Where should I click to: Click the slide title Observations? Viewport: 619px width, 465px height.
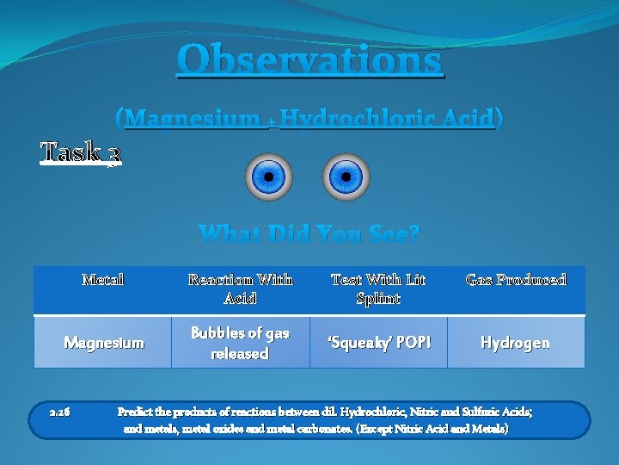point(309,60)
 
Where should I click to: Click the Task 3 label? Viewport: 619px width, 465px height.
point(81,152)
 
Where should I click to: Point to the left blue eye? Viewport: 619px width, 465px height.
point(268,177)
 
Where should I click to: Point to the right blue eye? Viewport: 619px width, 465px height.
point(346,177)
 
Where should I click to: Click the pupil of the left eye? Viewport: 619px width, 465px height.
point(268,177)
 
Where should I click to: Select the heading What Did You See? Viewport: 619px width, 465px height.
point(309,233)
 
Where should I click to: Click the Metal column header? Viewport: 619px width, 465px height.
point(102,280)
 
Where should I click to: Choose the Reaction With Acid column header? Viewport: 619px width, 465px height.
point(240,289)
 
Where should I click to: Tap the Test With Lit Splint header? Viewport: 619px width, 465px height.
point(377,289)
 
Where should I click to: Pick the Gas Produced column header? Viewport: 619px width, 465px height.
point(516,280)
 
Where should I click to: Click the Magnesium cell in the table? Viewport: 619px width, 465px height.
point(102,343)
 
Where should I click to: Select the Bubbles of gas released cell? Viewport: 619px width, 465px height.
point(240,343)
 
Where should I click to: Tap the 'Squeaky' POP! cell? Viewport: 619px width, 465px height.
point(377,343)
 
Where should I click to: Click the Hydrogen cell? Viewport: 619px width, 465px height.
point(516,343)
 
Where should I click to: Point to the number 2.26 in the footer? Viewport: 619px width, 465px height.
point(60,412)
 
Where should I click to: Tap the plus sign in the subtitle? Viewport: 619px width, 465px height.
point(271,121)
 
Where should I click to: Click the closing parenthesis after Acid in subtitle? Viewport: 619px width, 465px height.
point(499,118)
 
